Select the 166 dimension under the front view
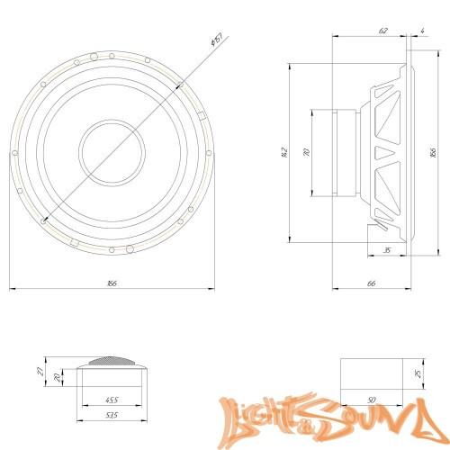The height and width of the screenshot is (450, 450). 112,283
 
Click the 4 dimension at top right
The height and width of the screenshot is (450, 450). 421,31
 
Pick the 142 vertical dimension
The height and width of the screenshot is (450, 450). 284,152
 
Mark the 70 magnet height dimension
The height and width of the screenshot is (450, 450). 306,154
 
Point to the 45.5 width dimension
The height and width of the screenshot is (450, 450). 112,399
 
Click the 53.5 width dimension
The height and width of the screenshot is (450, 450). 112,417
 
